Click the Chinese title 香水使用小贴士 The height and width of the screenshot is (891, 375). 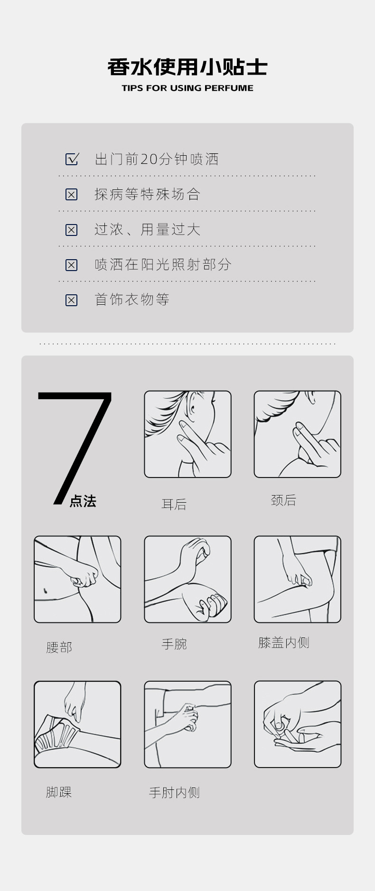[x=187, y=67]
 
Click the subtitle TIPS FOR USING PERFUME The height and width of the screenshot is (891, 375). [x=187, y=88]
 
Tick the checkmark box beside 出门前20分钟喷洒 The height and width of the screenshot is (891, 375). [x=72, y=159]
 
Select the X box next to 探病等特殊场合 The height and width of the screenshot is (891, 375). [x=71, y=194]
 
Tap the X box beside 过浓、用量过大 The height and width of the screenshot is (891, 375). [x=71, y=230]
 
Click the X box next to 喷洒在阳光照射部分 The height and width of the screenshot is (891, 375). [x=71, y=265]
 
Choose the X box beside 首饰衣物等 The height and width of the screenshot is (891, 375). [x=71, y=300]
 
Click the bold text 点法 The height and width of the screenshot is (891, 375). [x=83, y=501]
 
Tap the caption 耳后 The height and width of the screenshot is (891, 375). [x=174, y=504]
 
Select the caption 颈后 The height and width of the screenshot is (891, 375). [x=283, y=500]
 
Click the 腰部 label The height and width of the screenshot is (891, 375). [x=59, y=647]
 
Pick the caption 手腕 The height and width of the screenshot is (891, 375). [x=174, y=644]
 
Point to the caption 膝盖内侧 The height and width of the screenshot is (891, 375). [x=284, y=643]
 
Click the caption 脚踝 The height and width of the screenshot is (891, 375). [x=59, y=792]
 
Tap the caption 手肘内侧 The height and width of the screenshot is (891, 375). [x=174, y=793]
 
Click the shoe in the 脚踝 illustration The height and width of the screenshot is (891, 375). [x=56, y=736]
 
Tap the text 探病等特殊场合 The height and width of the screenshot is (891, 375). [x=147, y=194]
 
